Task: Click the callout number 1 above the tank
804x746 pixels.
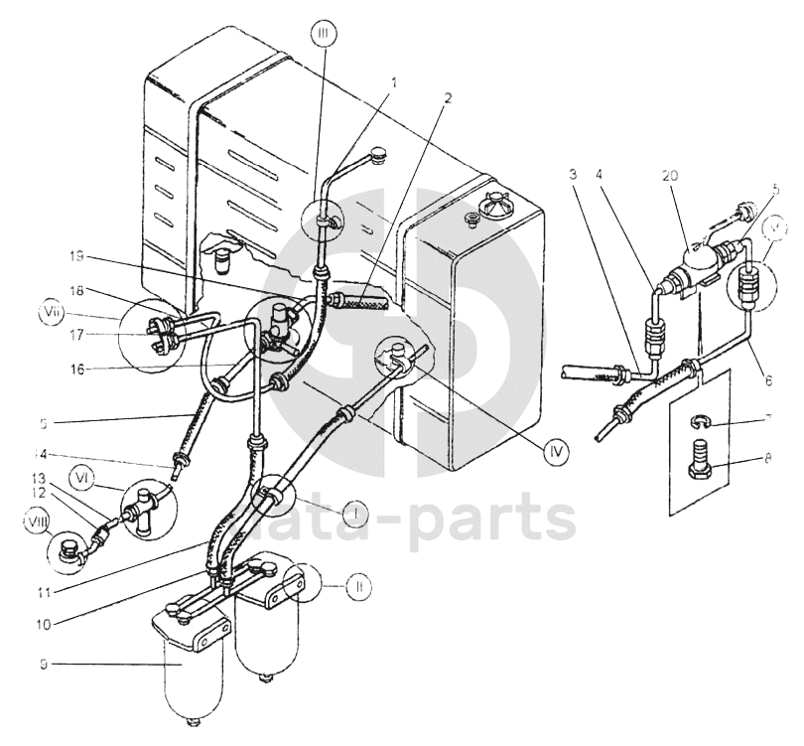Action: (x=393, y=82)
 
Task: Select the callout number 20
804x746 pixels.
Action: (x=672, y=175)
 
